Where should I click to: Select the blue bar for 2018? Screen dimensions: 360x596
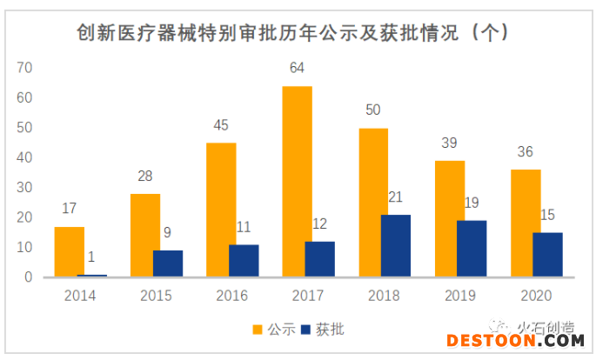[395, 245]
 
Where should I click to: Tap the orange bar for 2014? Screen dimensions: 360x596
[69, 251]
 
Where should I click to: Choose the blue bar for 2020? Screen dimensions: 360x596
[547, 254]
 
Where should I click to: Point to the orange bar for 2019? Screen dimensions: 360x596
[450, 218]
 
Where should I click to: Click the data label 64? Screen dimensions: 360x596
[298, 68]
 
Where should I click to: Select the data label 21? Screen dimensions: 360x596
[395, 197]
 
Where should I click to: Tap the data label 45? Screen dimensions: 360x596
[221, 124]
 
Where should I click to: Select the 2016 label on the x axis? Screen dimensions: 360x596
[232, 295]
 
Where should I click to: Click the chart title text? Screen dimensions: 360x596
[291, 32]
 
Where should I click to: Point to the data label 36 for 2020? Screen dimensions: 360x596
[525, 151]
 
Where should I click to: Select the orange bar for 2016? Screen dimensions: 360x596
[221, 210]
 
